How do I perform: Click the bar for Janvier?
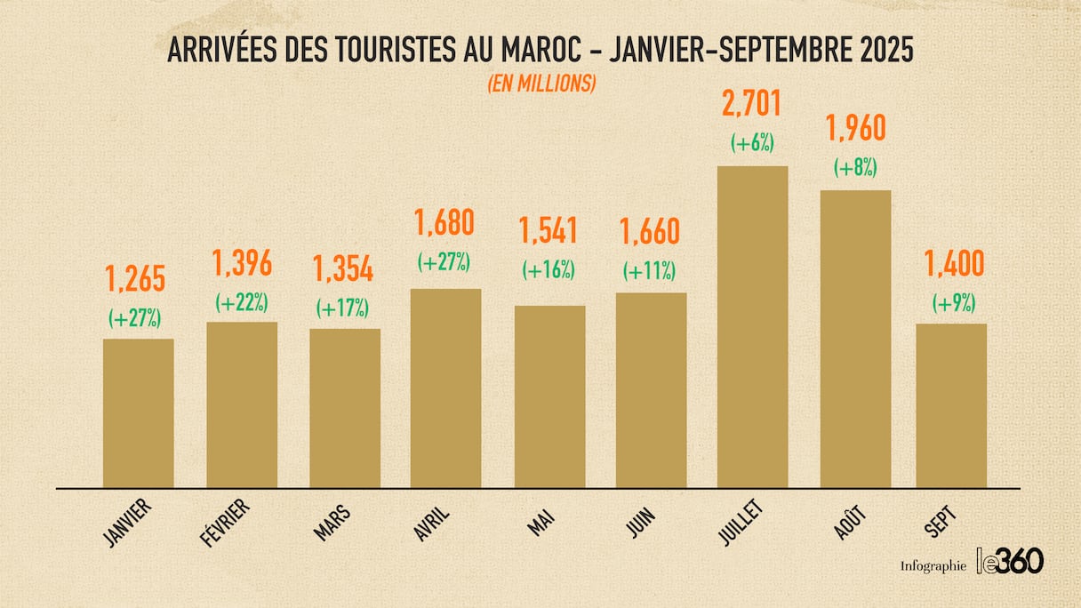pyautogui.click(x=139, y=412)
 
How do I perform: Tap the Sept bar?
pyautogui.click(x=951, y=405)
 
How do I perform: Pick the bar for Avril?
pyautogui.click(x=445, y=388)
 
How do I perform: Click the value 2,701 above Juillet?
pyautogui.click(x=752, y=103)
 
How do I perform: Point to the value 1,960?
pyautogui.click(x=855, y=129)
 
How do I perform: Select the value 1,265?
pyautogui.click(x=136, y=278)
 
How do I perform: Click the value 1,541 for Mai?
pyautogui.click(x=549, y=231)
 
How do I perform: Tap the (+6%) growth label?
pyautogui.click(x=752, y=143)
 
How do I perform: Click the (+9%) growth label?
pyautogui.click(x=954, y=303)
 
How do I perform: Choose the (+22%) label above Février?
pyautogui.click(x=242, y=302)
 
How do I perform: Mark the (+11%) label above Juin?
pyautogui.click(x=650, y=270)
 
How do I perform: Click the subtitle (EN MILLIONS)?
pyautogui.click(x=540, y=84)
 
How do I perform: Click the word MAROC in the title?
pyautogui.click(x=522, y=51)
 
